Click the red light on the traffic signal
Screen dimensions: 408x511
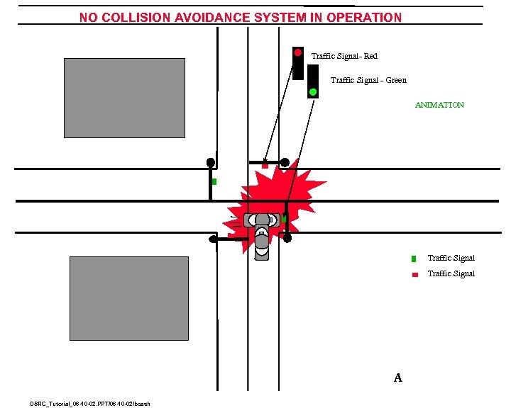click(x=298, y=52)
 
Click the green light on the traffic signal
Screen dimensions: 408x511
click(x=312, y=91)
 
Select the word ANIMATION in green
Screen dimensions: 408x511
click(x=439, y=105)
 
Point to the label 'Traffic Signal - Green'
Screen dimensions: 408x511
click(x=368, y=80)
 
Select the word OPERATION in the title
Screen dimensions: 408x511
click(x=364, y=18)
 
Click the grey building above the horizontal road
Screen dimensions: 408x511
click(x=124, y=98)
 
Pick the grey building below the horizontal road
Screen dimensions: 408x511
click(x=128, y=298)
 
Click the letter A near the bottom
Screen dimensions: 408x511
click(x=398, y=378)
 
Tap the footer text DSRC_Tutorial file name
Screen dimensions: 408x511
click(x=90, y=404)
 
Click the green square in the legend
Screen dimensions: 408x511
click(x=414, y=259)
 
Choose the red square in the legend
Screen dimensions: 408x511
click(x=414, y=274)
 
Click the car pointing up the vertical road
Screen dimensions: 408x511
click(x=263, y=241)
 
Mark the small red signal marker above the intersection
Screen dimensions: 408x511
click(x=265, y=166)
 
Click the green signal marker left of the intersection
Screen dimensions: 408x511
click(x=214, y=182)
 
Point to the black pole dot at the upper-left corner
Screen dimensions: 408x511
click(x=211, y=162)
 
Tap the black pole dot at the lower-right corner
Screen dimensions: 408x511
click(x=287, y=238)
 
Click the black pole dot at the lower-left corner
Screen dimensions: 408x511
click(x=213, y=239)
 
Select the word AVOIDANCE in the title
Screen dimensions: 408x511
click(x=232, y=18)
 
